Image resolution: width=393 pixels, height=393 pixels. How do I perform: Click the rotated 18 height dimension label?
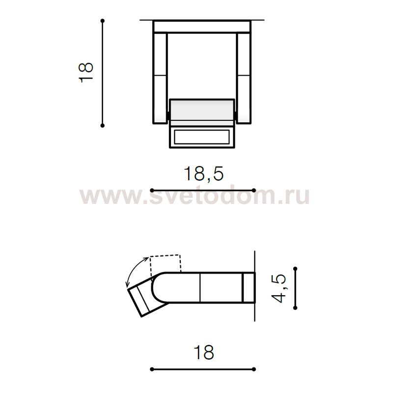pyautogui.click(x=86, y=72)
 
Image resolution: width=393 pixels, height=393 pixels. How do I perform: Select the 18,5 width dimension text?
pyautogui.click(x=203, y=173)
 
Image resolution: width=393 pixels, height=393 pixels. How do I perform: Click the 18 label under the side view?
pyautogui.click(x=203, y=352)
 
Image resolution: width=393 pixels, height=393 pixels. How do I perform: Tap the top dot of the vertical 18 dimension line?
pyautogui.click(x=103, y=21)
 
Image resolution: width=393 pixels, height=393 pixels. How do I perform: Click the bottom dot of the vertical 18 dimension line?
pyautogui.click(x=103, y=126)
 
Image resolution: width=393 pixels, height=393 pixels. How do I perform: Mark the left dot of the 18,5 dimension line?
pyautogui.click(x=152, y=190)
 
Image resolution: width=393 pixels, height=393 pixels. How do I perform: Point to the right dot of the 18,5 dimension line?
pyautogui.click(x=254, y=190)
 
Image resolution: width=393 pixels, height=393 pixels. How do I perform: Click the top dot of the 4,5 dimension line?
pyautogui.click(x=295, y=269)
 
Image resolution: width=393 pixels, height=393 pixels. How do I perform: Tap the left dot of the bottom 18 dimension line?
pyautogui.click(x=152, y=368)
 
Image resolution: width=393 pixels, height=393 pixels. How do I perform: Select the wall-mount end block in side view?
pyautogui.click(x=250, y=287)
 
